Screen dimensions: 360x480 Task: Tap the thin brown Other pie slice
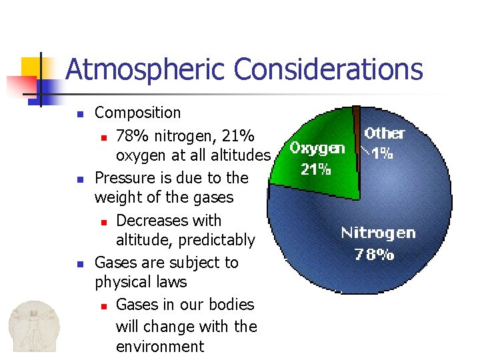click(x=357, y=133)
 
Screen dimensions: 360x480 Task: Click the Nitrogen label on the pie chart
click(x=378, y=233)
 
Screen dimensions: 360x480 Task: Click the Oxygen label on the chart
click(x=317, y=148)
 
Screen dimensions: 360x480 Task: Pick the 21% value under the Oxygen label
click(x=315, y=169)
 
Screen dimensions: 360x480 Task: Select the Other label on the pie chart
click(x=385, y=133)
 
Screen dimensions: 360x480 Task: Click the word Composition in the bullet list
click(x=137, y=113)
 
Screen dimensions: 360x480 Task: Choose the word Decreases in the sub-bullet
click(x=150, y=221)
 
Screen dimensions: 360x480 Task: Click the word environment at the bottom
click(x=160, y=347)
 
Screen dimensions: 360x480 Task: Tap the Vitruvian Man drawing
click(x=33, y=326)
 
